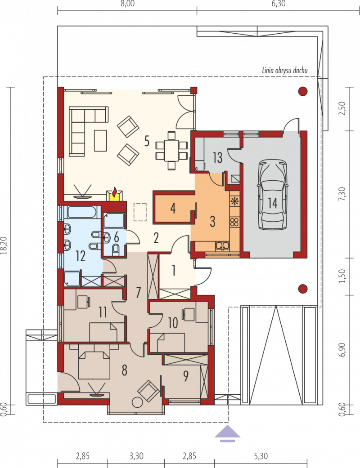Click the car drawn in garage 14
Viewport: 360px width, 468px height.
pyautogui.click(x=272, y=195)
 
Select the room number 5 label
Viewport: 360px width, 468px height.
pyautogui.click(x=146, y=141)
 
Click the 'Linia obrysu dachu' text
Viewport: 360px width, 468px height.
pyautogui.click(x=285, y=71)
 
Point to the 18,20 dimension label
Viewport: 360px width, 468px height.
pyautogui.click(x=4, y=245)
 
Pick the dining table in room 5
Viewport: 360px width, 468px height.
pyautogui.click(x=171, y=151)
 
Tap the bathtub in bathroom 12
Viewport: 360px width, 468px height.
pyautogui.click(x=81, y=212)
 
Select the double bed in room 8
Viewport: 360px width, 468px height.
pyautogui.click(x=94, y=364)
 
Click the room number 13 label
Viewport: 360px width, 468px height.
pyautogui.click(x=217, y=157)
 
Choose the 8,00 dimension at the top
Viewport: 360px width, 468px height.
pyautogui.click(x=127, y=4)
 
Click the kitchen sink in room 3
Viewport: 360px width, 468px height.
pyautogui.click(x=222, y=246)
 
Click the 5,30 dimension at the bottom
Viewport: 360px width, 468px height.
pyautogui.click(x=261, y=456)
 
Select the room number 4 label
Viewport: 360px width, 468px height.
pyautogui.click(x=173, y=208)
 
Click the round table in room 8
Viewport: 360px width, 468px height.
pyautogui.click(x=137, y=402)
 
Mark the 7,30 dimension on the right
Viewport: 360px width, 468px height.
pyautogui.click(x=342, y=194)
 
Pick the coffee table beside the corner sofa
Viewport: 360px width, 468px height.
pyautogui.click(x=100, y=140)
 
